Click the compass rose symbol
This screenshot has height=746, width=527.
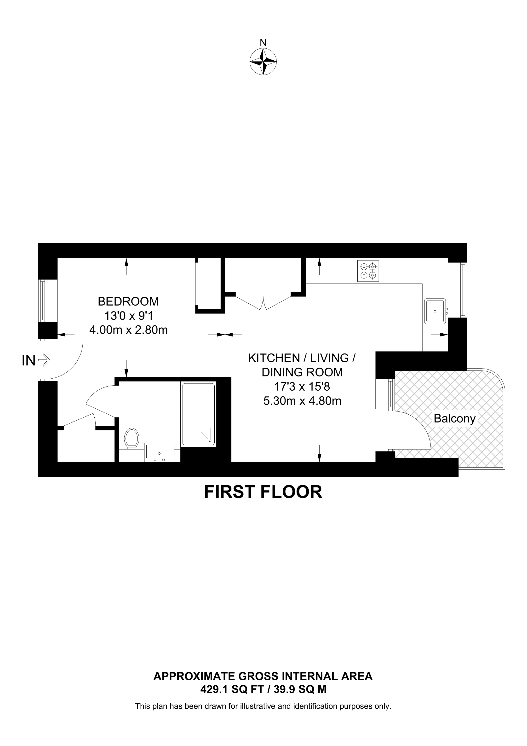click(x=263, y=62)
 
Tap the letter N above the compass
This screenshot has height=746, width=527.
click(x=263, y=43)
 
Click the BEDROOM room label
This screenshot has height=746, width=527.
click(x=128, y=301)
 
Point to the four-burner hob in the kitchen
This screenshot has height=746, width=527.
click(x=368, y=271)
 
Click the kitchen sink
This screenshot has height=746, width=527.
click(x=435, y=311)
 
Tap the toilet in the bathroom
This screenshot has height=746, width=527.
click(x=132, y=438)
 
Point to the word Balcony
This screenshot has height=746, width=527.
click(x=455, y=418)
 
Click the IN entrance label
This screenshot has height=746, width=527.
click(x=29, y=361)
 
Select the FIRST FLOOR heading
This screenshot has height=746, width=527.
click(x=263, y=492)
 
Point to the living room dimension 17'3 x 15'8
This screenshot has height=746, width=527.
click(x=302, y=387)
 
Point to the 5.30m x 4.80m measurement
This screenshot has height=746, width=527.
click(x=302, y=401)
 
